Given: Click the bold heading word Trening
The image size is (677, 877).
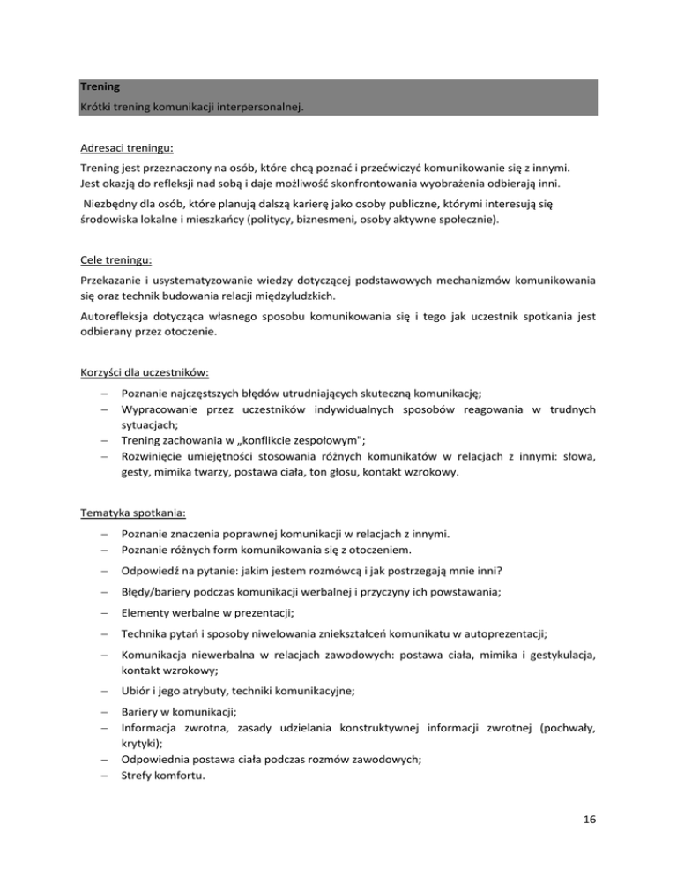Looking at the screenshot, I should [100, 87].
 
